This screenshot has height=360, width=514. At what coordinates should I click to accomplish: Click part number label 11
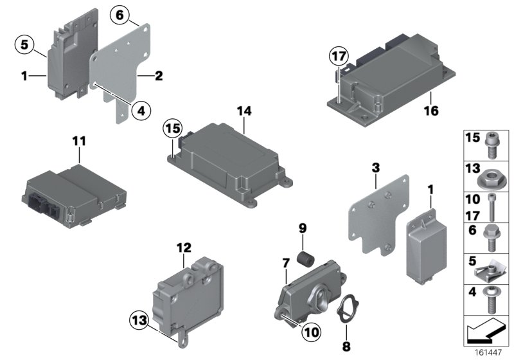coord(78,139)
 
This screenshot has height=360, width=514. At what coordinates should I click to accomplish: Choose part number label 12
coord(184,247)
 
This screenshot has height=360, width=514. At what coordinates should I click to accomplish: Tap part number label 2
coord(159,76)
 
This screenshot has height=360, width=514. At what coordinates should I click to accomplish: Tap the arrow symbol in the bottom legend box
coord(486,333)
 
